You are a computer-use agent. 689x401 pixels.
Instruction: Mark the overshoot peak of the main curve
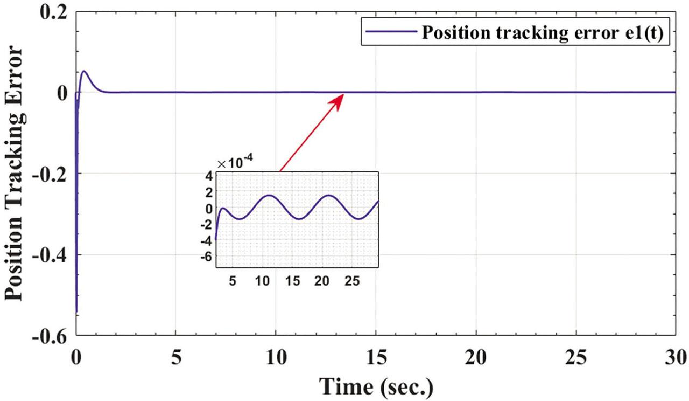point(85,71)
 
